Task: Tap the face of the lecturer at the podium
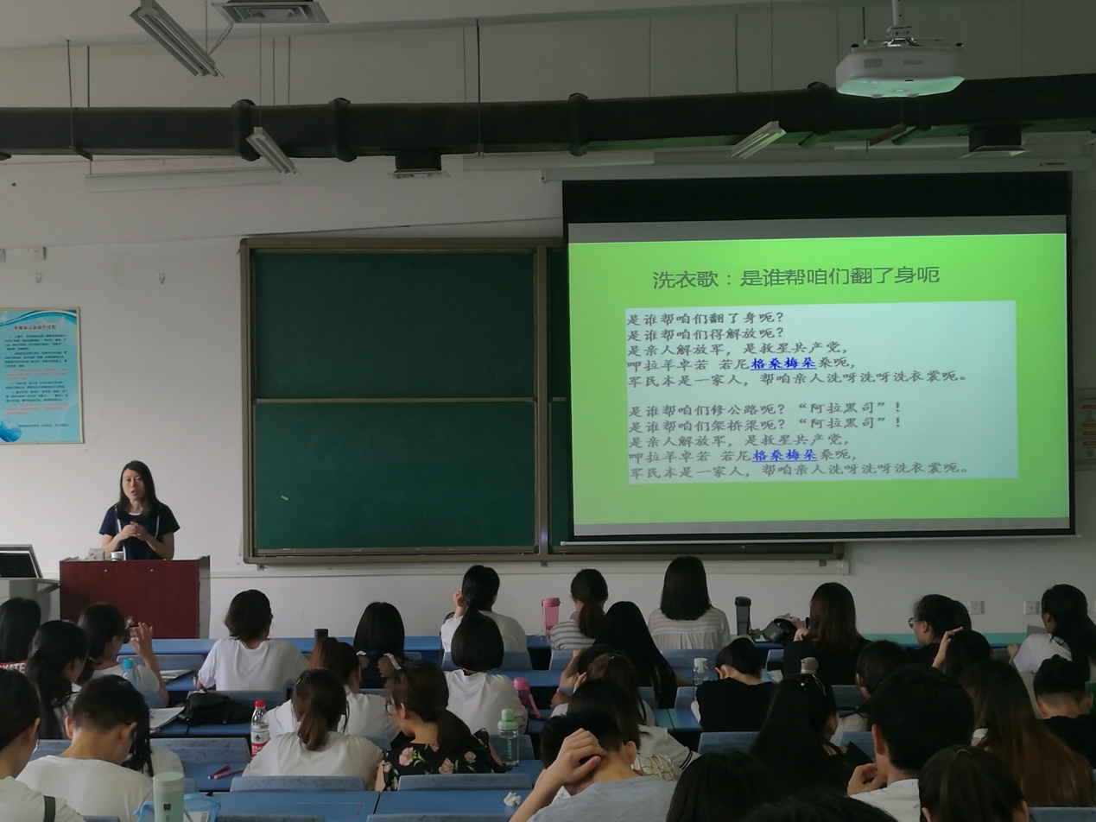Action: tap(134, 486)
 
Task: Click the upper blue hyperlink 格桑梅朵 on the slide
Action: tap(782, 364)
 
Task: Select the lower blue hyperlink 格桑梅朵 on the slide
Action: tap(784, 455)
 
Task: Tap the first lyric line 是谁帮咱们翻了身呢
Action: tap(706, 319)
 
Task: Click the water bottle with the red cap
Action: tap(258, 728)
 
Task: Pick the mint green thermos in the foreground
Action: tap(168, 795)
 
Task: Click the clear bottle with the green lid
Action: tap(508, 737)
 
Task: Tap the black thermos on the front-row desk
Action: tap(742, 615)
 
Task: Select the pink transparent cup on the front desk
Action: tap(550, 614)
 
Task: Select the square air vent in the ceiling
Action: tap(271, 11)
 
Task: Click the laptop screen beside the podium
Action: tap(19, 564)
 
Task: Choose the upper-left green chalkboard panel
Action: tap(393, 324)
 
